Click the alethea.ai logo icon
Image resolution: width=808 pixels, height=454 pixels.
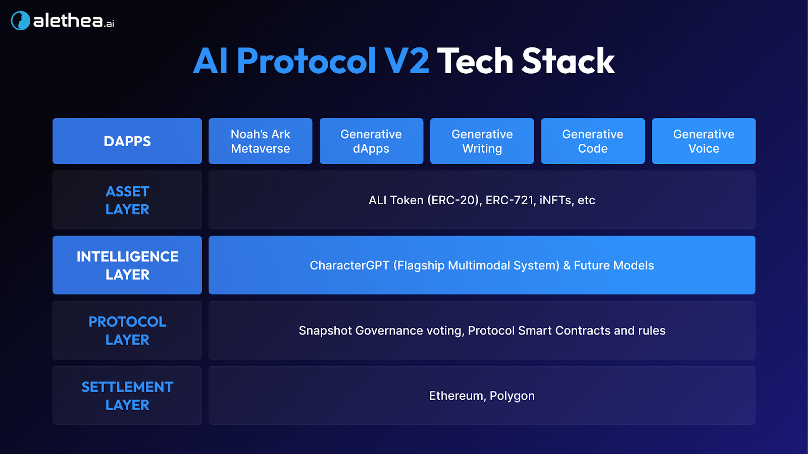click(21, 21)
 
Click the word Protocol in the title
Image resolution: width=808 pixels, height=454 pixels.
click(306, 62)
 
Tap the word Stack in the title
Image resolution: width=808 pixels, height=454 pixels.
click(568, 62)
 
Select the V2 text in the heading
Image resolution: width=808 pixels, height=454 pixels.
click(407, 62)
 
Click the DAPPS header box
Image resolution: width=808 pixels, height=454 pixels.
click(127, 141)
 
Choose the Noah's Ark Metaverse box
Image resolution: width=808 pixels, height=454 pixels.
click(261, 141)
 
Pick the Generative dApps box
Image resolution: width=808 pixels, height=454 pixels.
click(371, 141)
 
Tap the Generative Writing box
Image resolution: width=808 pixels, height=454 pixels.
click(482, 141)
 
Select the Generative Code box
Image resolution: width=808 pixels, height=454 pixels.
click(593, 141)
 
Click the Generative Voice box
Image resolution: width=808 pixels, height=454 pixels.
click(704, 141)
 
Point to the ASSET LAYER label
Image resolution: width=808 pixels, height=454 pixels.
click(127, 200)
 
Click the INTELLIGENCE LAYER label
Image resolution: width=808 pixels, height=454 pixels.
click(127, 265)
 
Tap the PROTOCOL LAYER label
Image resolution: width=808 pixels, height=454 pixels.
click(127, 330)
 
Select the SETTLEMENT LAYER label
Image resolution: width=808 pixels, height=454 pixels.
click(127, 395)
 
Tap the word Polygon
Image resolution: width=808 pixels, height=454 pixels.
click(512, 396)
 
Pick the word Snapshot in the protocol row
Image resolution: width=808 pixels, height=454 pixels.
click(325, 331)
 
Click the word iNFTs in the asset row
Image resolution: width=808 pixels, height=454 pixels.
click(556, 200)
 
